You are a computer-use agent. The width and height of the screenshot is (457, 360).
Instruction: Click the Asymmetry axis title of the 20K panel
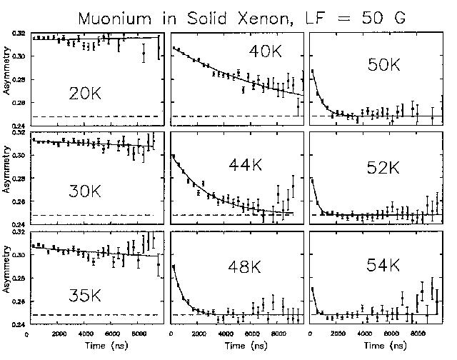click(6, 75)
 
